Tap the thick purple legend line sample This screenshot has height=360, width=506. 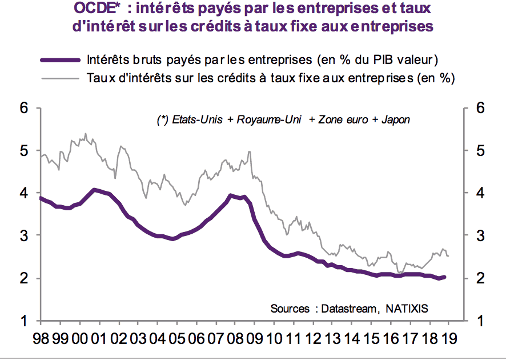pyautogui.click(x=60, y=59)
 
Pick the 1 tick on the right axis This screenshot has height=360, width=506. pyautogui.click(x=479, y=321)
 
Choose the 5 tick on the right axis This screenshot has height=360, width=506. pyautogui.click(x=479, y=151)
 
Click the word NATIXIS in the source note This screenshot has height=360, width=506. pyautogui.click(x=405, y=309)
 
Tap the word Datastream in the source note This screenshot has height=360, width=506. pyautogui.click(x=348, y=309)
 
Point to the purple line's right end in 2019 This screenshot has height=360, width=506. pyautogui.click(x=445, y=277)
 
